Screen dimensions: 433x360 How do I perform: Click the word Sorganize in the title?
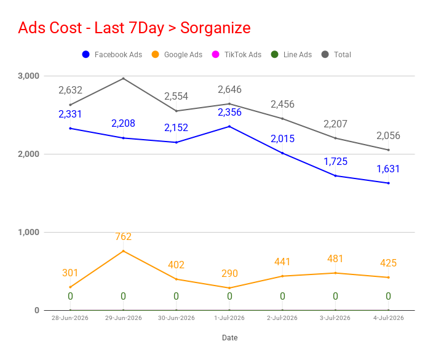[215, 28]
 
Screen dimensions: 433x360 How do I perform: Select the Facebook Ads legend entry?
[112, 54]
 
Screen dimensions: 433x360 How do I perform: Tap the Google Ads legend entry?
[177, 54]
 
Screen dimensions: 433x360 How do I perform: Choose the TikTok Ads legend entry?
[237, 54]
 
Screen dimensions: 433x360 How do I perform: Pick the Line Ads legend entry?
[292, 54]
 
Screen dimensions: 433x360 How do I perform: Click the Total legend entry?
[336, 54]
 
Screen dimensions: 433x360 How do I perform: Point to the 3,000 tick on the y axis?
[29, 76]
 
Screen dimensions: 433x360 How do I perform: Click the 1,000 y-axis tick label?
[29, 232]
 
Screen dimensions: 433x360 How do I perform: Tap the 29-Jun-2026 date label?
[124, 318]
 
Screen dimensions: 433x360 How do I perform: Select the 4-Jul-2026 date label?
[389, 318]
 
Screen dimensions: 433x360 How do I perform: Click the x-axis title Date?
[230, 338]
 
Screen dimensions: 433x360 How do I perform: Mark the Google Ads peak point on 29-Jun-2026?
[124, 251]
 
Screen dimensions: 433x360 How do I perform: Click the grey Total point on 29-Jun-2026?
[124, 79]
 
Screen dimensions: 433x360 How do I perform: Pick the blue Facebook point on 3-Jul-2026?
[336, 176]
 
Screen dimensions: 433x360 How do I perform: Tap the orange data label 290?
[229, 273]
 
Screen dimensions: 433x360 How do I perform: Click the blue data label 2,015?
[282, 138]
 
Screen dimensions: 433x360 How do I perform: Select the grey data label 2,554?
[176, 97]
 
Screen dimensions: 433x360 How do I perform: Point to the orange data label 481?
[335, 259]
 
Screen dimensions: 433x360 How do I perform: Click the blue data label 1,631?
[388, 169]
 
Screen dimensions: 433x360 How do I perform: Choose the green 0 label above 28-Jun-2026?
[70, 296]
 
